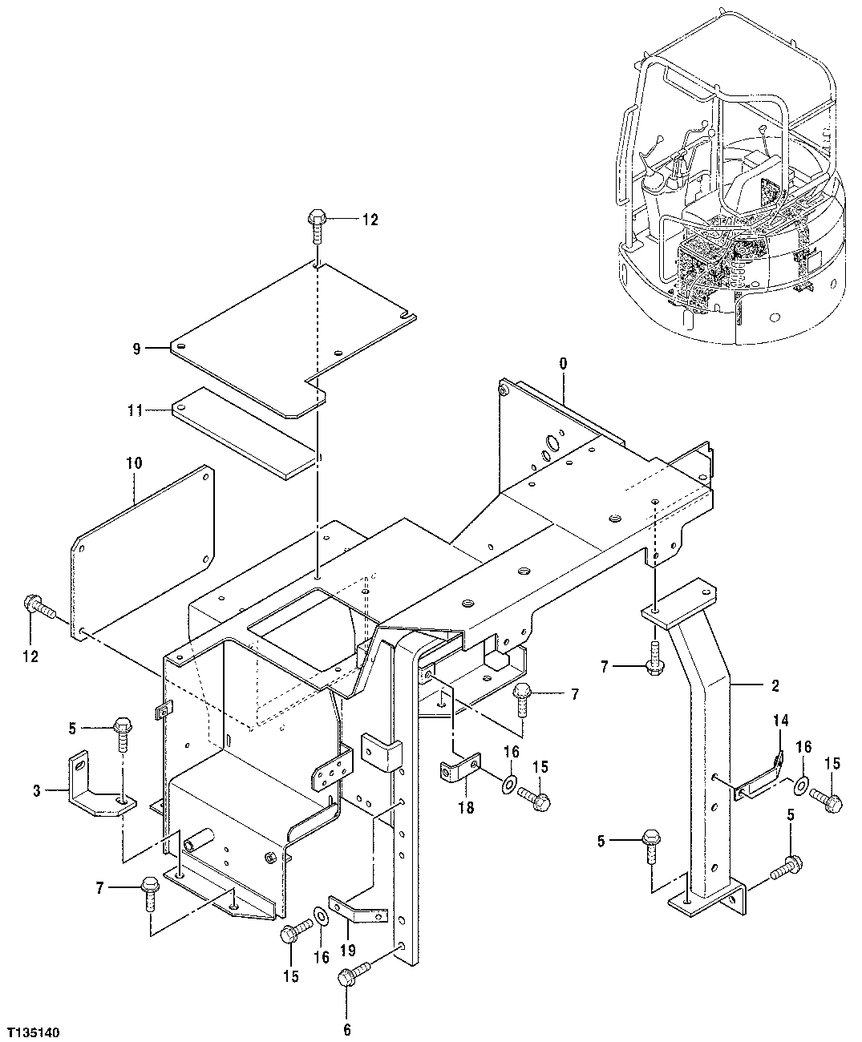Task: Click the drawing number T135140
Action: coord(35,1028)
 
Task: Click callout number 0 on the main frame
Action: coord(563,363)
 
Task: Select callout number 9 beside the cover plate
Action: coord(136,348)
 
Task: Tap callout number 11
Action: coord(135,410)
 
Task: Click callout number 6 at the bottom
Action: coord(346,1030)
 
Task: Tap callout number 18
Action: coord(466,808)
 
